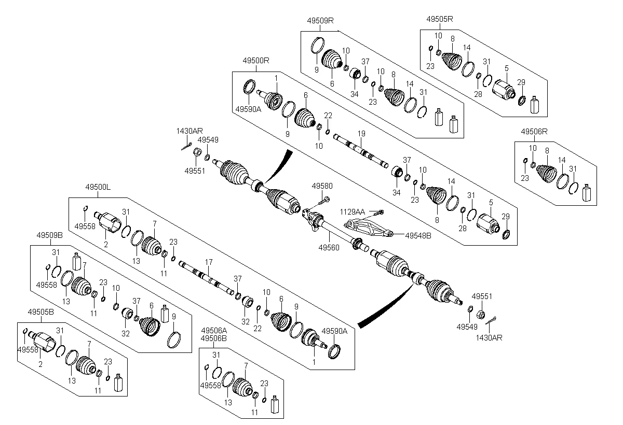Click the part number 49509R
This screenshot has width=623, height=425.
pos(320,20)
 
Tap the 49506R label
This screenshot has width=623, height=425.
pos(534,132)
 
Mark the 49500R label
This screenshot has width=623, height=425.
pos(255,60)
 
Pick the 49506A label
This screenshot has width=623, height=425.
pos(214,330)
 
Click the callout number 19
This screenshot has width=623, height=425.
pos(361,134)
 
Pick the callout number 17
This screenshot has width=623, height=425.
pos(209,262)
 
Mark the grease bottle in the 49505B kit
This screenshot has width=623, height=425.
pos(118,383)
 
